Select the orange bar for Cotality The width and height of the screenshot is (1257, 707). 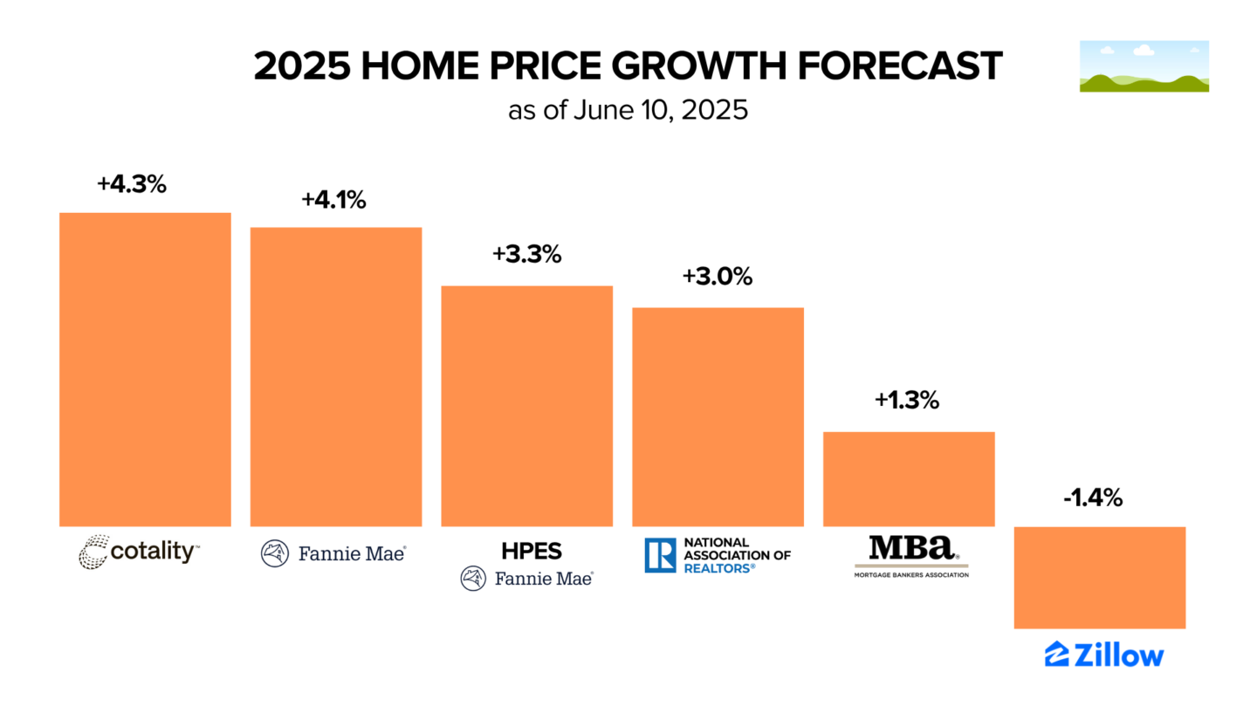(x=145, y=369)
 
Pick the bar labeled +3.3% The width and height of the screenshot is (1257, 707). (x=526, y=406)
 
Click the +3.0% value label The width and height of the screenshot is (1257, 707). (x=718, y=277)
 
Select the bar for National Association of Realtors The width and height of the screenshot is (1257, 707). (x=718, y=416)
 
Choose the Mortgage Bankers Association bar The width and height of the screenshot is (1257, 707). (x=909, y=478)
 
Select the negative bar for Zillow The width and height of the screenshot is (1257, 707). (x=1099, y=577)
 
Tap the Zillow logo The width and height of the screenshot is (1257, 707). (x=1104, y=655)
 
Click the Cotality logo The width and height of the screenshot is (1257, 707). (x=140, y=553)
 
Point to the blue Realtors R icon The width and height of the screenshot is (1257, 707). (x=660, y=555)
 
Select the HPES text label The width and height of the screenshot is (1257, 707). (x=526, y=552)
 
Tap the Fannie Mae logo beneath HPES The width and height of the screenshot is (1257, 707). (x=526, y=579)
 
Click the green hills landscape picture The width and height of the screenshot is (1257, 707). (x=1144, y=66)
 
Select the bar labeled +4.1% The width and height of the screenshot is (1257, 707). (x=336, y=376)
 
